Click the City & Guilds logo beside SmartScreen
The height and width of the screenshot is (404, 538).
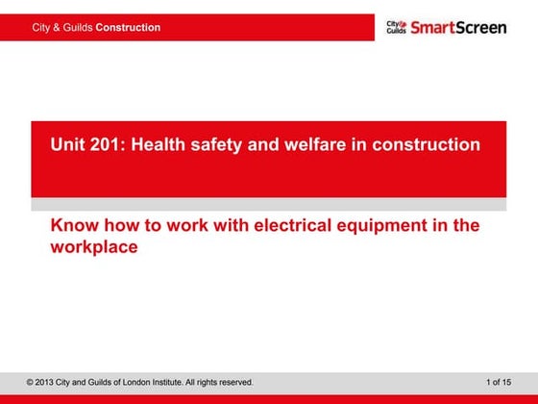396,27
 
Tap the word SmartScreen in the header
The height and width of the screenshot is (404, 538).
458,27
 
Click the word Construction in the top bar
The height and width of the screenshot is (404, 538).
128,27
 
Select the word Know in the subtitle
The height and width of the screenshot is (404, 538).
73,226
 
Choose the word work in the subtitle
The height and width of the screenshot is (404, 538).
167,226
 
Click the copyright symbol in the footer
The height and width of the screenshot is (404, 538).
31,382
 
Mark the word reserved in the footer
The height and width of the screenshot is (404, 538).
234,382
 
